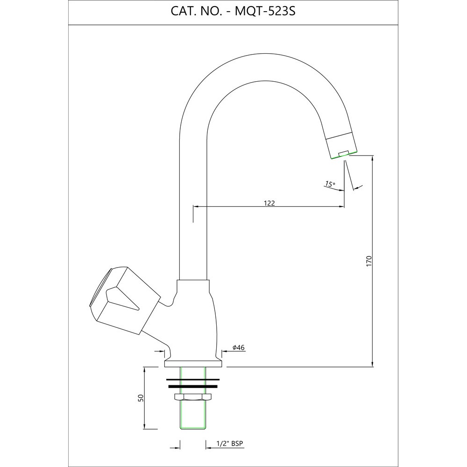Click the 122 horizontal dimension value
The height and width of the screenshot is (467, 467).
pyautogui.click(x=269, y=203)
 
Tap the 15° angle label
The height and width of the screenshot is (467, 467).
pyautogui.click(x=330, y=184)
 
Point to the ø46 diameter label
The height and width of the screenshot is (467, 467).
pyautogui.click(x=239, y=347)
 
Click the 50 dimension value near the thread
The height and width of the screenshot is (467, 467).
pyautogui.click(x=140, y=398)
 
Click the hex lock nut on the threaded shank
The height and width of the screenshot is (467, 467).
pyautogui.click(x=192, y=397)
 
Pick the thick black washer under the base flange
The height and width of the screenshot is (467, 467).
pyautogui.click(x=192, y=387)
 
